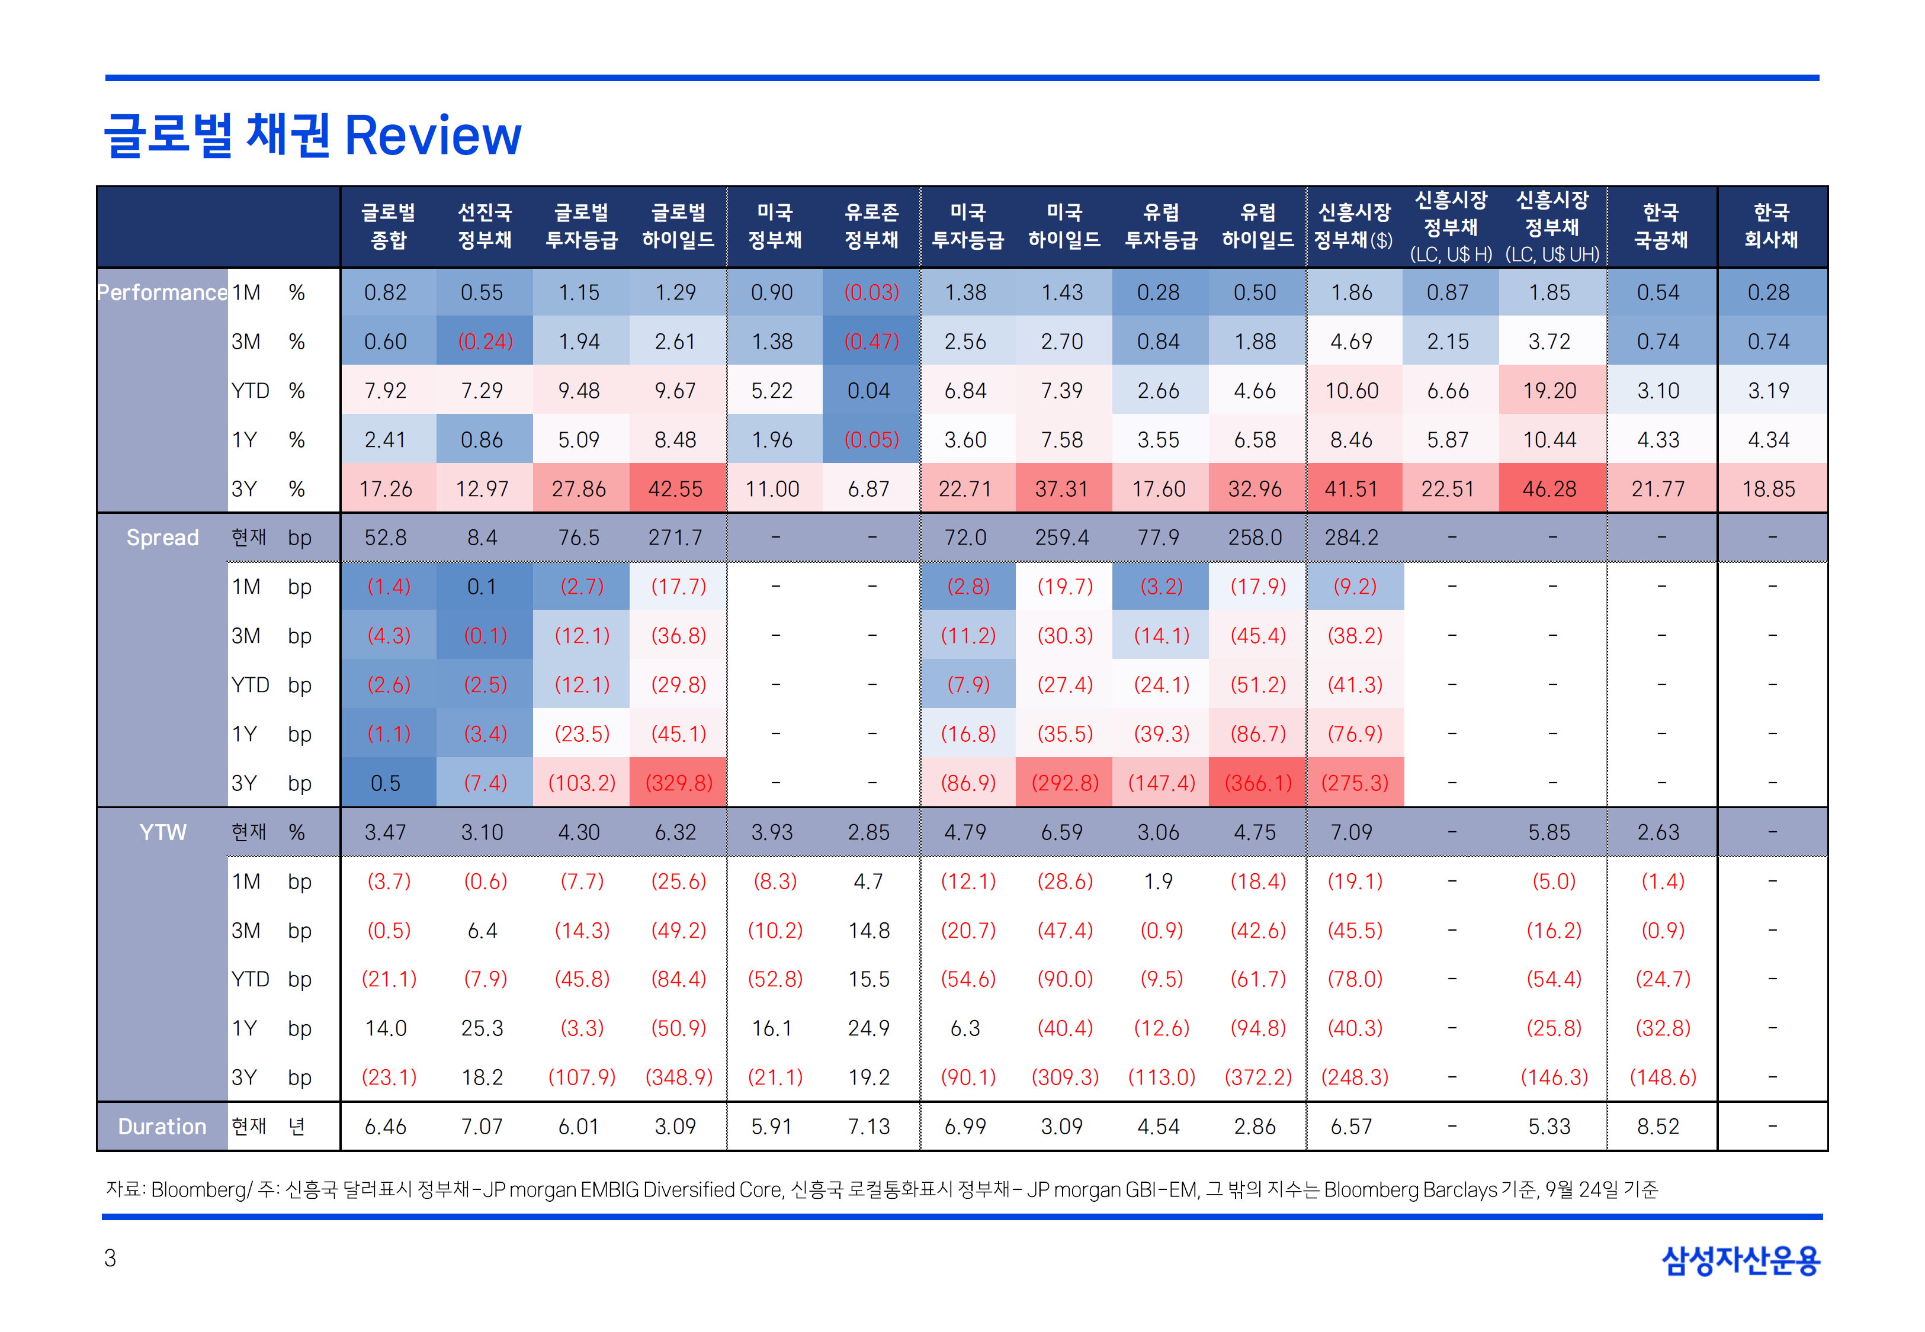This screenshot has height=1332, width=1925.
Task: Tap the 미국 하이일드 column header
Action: [1064, 226]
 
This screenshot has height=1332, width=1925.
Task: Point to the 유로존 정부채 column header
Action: [871, 226]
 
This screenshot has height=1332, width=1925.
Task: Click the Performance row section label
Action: [162, 293]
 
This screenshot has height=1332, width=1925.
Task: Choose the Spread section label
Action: [162, 538]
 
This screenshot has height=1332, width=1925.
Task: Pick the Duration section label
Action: [162, 1127]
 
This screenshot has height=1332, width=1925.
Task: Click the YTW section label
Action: [162, 832]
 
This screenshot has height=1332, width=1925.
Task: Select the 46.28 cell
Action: [1549, 489]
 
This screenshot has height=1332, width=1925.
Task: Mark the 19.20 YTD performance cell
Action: [1549, 391]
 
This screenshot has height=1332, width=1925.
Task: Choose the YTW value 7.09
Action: [1352, 832]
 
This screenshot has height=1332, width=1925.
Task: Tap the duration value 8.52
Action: [1658, 1127]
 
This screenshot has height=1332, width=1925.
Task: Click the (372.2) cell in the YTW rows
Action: [1258, 1077]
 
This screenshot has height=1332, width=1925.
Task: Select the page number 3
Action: [110, 1258]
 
